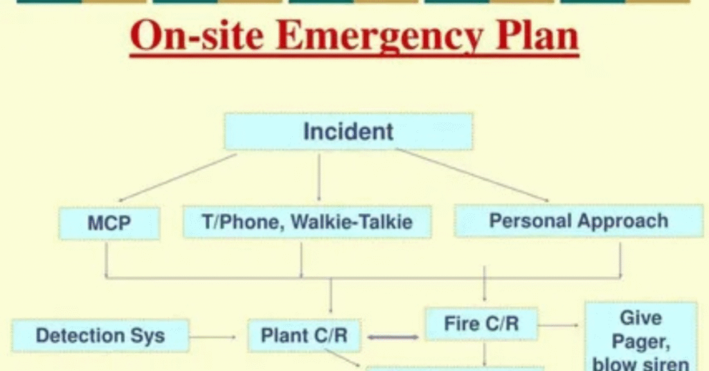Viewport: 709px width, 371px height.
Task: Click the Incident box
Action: pos(348,132)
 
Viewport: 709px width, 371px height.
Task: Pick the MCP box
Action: pos(109,223)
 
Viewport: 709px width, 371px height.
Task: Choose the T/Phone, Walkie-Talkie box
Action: pos(307,222)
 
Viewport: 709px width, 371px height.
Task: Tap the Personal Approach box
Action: pos(578,221)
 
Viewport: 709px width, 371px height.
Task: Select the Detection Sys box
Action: pos(100,336)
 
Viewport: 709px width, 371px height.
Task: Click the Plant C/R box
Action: pos(304,336)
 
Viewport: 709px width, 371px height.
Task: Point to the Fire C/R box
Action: pos(481,323)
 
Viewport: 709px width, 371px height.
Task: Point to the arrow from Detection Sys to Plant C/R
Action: pos(213,337)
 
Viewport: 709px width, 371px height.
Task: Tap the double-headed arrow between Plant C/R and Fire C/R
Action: pos(393,337)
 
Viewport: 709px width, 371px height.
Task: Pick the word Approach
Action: pos(624,221)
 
